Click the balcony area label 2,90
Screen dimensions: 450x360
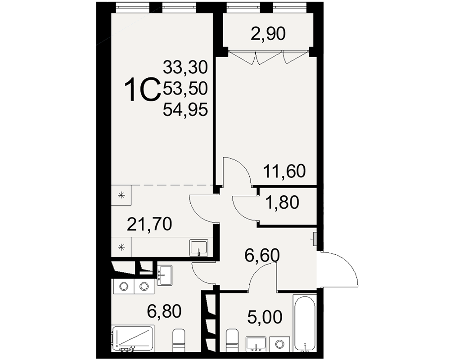click(268, 34)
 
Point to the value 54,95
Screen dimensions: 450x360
click(185, 109)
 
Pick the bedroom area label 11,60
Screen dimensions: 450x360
click(284, 171)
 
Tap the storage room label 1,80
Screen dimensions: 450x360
click(282, 202)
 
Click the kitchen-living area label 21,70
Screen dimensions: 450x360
click(149, 224)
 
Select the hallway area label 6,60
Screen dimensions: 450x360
click(261, 255)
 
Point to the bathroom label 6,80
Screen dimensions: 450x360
click(164, 311)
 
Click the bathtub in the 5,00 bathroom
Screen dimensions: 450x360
click(304, 323)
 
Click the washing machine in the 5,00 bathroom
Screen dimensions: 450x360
click(280, 344)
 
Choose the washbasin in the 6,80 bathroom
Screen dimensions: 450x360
click(164, 275)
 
